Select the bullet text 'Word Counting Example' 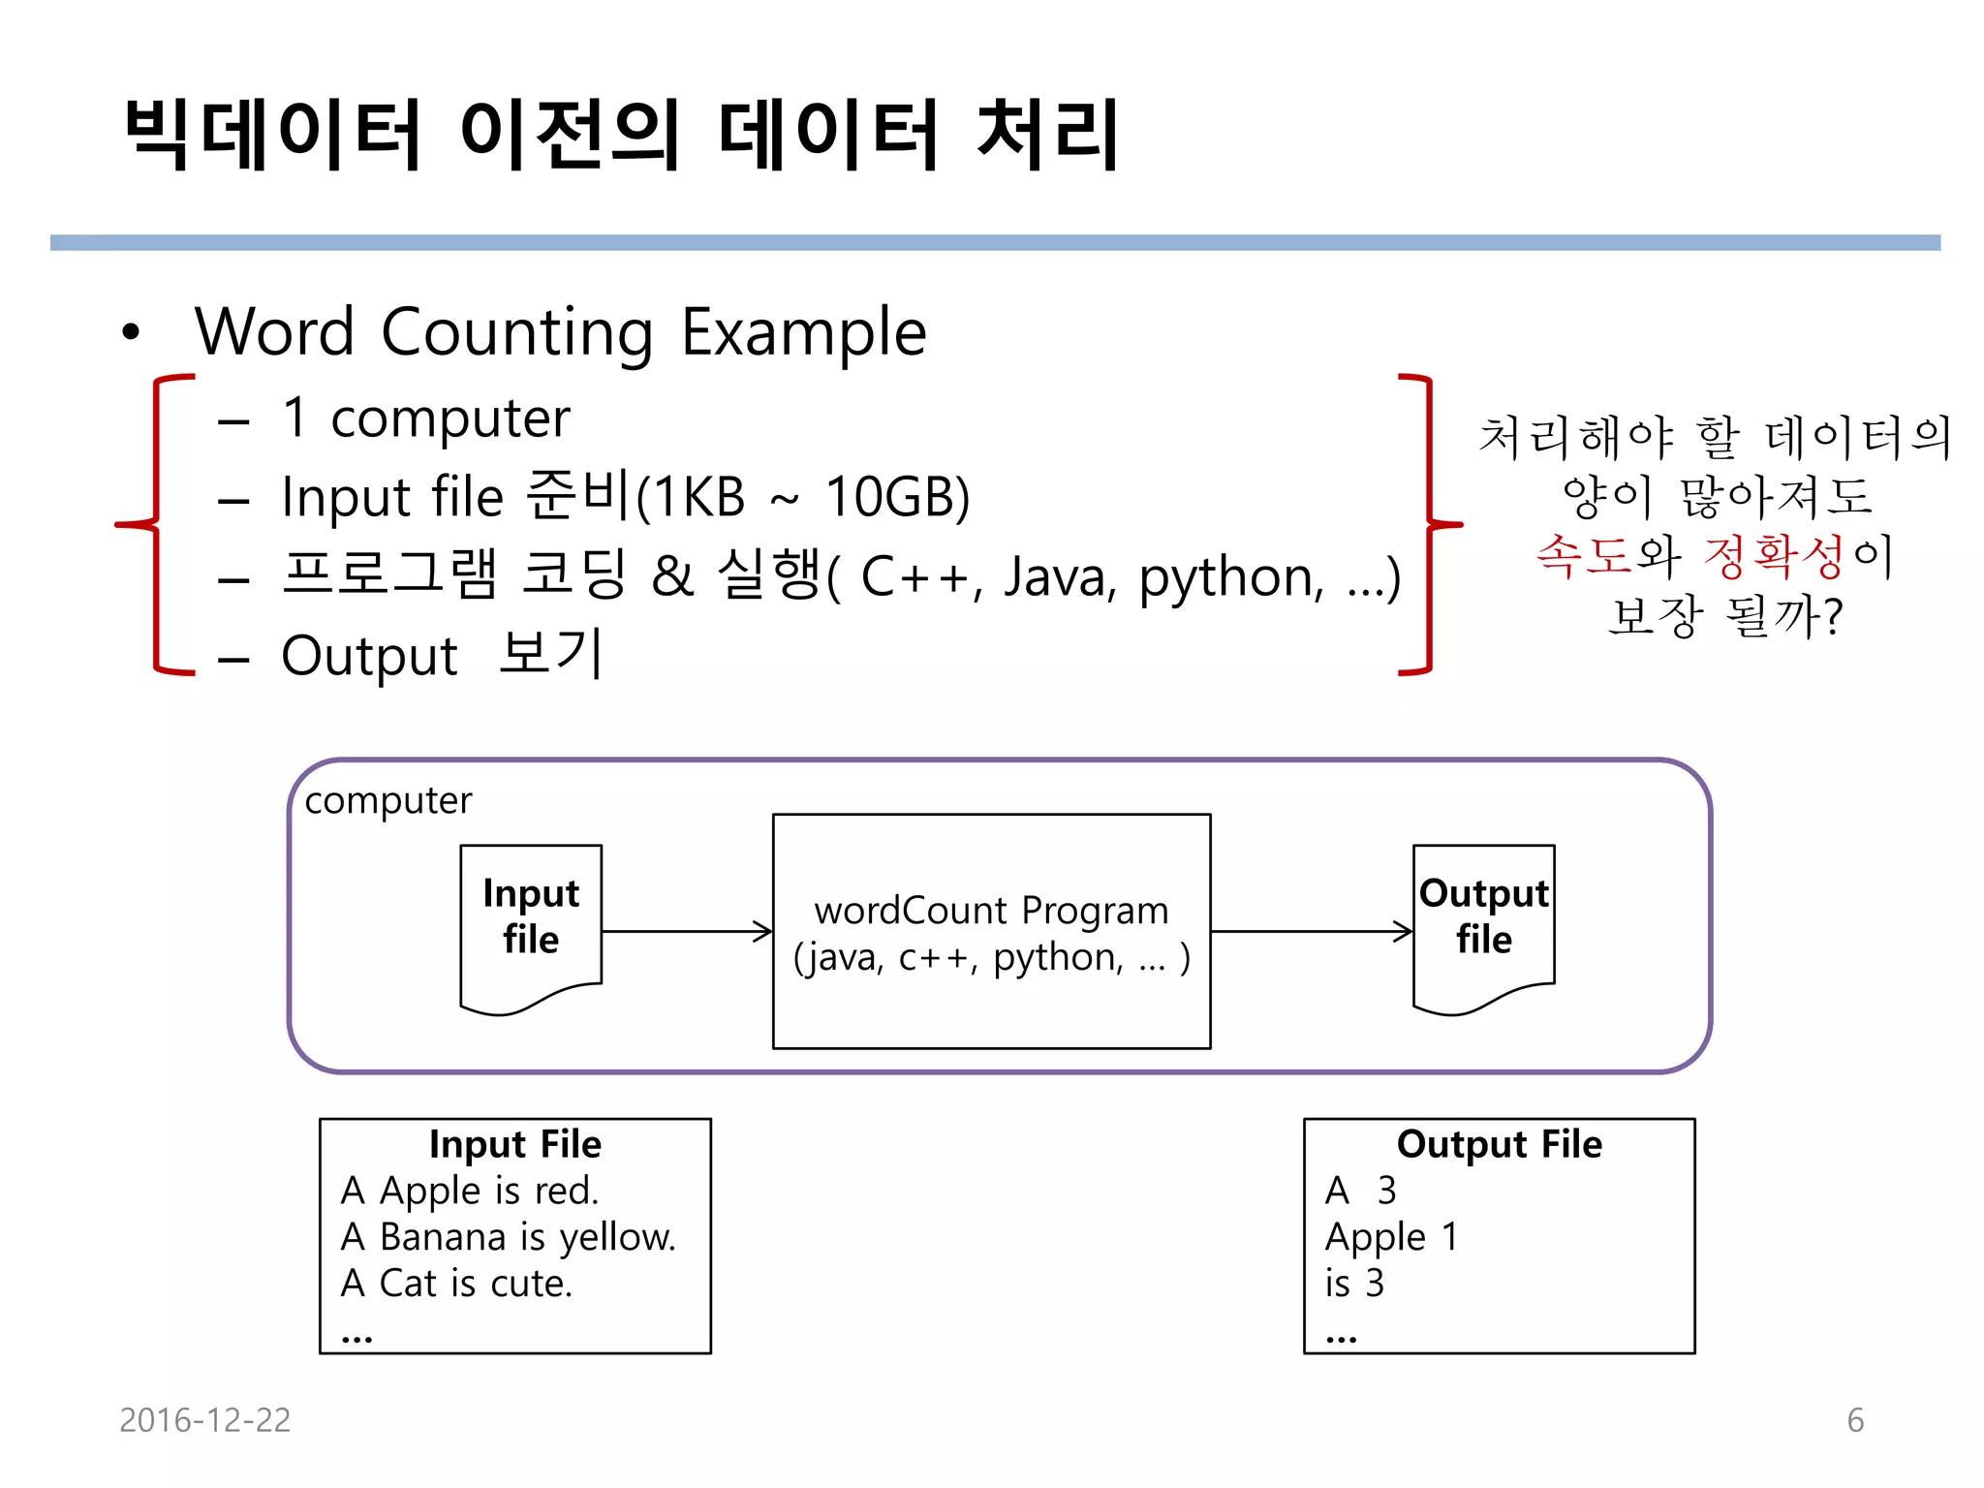click(x=560, y=332)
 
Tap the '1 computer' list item click(x=426, y=418)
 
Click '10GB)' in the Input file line click(x=897, y=497)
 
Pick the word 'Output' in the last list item click(x=369, y=657)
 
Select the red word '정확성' click(x=1773, y=556)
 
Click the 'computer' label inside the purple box click(x=387, y=801)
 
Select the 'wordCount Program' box click(x=991, y=931)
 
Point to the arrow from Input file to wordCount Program click(x=686, y=932)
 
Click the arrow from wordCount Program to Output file click(x=1311, y=932)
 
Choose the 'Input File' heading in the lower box click(x=515, y=1144)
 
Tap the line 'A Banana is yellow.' click(x=509, y=1237)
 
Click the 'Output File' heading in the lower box click(x=1499, y=1144)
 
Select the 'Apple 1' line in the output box click(x=1391, y=1237)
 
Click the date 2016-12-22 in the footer click(x=204, y=1420)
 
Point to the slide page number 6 click(x=1855, y=1420)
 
